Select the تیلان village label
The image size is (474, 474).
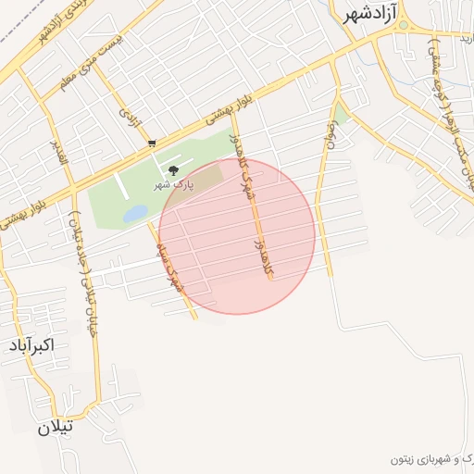55,430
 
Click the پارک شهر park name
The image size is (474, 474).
174,184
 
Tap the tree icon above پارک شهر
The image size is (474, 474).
173,169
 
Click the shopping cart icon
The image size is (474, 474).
151,143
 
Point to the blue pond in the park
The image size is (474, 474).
135,214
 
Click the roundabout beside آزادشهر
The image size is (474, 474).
403,25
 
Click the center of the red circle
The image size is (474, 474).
237,235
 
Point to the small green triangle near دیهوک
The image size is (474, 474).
341,115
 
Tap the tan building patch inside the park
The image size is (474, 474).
208,175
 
